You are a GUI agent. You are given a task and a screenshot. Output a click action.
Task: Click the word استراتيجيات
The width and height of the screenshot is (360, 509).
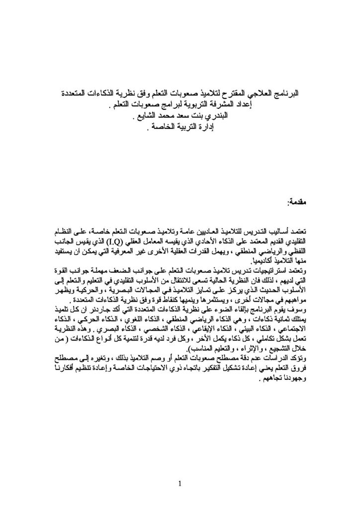pyautogui.click(x=271, y=270)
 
